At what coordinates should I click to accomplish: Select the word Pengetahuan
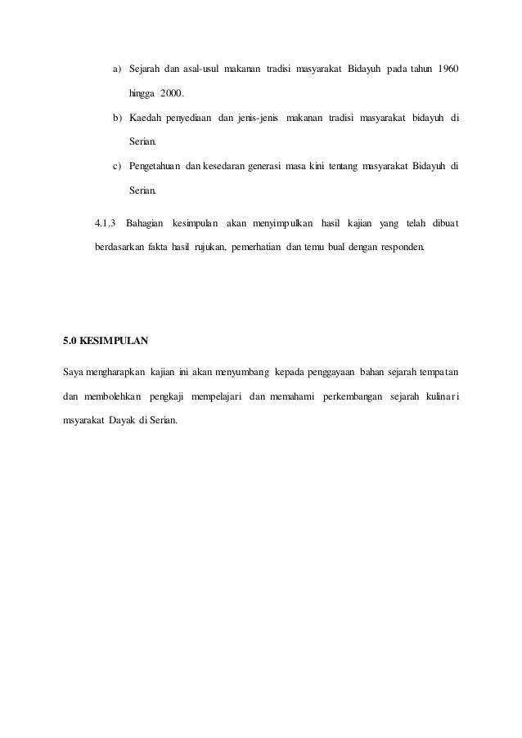tap(156, 168)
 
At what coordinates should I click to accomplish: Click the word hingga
tap(142, 92)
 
